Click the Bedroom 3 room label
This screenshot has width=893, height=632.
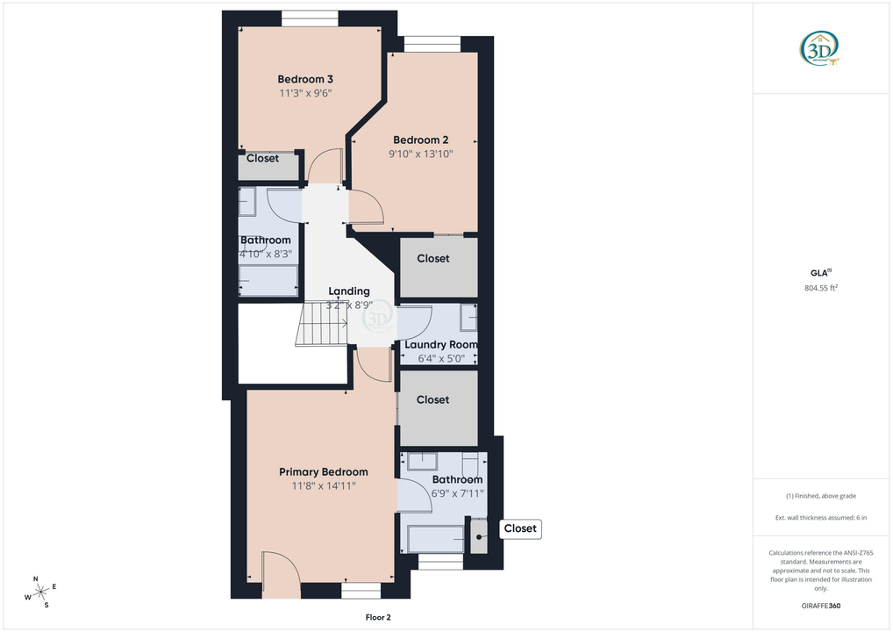tap(304, 79)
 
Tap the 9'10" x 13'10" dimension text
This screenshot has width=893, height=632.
tap(421, 154)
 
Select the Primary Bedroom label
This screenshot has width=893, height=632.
tap(324, 472)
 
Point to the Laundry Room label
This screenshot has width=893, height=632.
tap(441, 345)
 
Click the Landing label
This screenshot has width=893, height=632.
tap(349, 291)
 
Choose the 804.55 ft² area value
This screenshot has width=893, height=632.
tap(821, 288)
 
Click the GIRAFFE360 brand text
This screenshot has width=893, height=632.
tap(821, 606)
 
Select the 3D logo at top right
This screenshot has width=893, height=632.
tap(820, 47)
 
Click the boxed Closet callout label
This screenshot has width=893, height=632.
tap(520, 528)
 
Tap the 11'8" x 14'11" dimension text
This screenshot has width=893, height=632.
tap(324, 486)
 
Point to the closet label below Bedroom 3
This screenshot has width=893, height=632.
tap(262, 159)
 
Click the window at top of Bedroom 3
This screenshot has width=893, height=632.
tap(310, 18)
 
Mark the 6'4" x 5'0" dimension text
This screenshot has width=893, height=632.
tap(441, 358)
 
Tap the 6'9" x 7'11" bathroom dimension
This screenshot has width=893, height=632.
tap(457, 493)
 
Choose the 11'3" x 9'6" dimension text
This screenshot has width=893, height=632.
tap(304, 93)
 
